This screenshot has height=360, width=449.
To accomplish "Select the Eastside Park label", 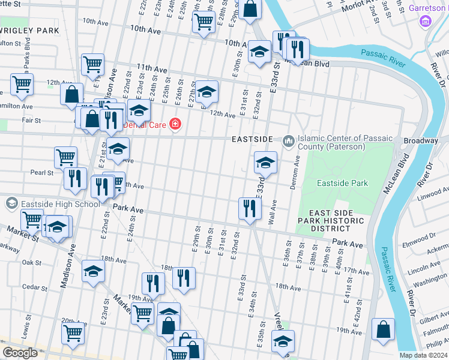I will pos(342,183).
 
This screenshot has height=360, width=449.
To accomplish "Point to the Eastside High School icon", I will pos(11,204).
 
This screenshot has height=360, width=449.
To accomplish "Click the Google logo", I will pos(20,353).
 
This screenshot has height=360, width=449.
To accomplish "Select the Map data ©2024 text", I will pos(423,355).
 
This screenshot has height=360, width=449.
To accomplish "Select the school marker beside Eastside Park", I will pos(265,161).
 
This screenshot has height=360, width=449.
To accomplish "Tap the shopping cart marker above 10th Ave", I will pos(203,22).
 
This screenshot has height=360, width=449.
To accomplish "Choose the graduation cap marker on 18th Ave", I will pos(93,271).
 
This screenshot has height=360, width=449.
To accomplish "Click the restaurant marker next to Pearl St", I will pos(74,178).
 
